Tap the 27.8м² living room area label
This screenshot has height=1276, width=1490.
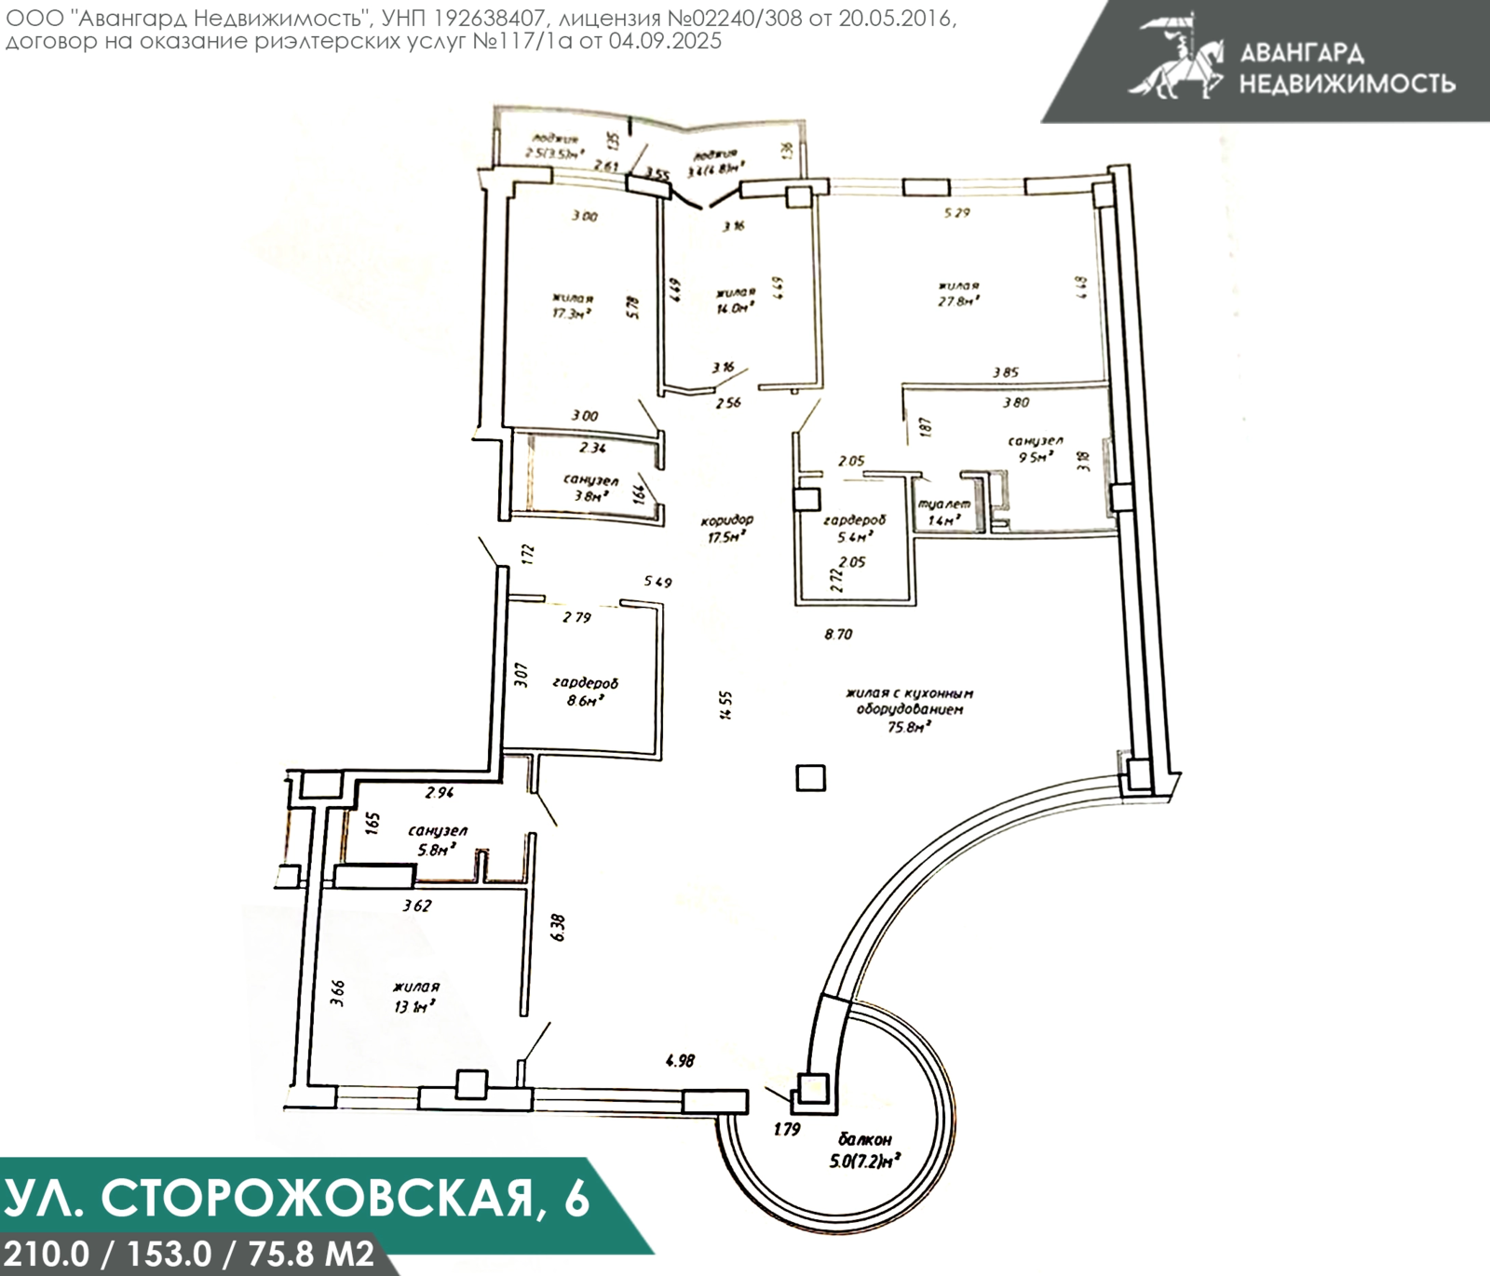click(958, 294)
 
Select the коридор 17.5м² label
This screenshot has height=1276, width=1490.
click(726, 529)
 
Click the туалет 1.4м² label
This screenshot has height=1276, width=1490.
click(944, 512)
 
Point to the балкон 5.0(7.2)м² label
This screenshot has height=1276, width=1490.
click(864, 1150)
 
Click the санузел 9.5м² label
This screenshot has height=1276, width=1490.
click(1035, 449)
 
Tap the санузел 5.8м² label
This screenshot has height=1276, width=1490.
click(437, 839)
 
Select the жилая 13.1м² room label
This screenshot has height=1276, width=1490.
click(415, 996)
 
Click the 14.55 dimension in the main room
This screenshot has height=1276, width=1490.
click(726, 705)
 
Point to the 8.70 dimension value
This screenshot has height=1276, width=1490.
click(838, 635)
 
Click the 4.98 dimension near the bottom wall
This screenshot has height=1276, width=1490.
click(680, 1060)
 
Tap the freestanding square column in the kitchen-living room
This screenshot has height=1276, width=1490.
click(810, 777)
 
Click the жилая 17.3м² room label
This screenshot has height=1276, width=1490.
click(573, 306)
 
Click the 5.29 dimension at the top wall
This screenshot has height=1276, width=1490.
click(956, 213)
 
